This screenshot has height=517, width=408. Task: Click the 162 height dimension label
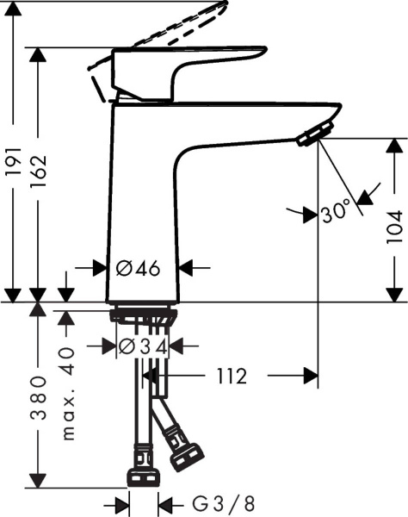click(x=37, y=173)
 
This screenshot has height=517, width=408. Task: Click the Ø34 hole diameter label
click(x=142, y=346)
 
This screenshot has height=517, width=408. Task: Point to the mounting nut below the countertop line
click(x=144, y=316)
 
